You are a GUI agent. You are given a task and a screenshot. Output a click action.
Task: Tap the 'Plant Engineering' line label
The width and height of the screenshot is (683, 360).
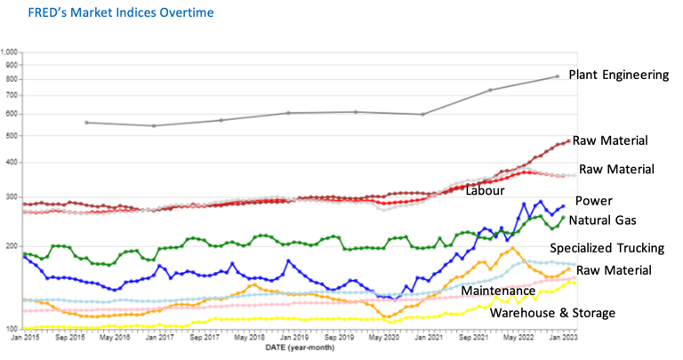[618, 76]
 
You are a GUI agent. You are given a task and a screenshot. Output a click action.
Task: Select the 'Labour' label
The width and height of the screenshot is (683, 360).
[485, 190]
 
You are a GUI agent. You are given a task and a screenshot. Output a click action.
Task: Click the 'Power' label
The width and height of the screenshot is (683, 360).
[593, 201]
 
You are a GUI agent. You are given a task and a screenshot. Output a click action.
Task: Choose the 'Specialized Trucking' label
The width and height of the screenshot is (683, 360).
[609, 249]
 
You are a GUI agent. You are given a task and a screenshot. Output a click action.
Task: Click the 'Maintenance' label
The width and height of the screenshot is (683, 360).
[497, 291]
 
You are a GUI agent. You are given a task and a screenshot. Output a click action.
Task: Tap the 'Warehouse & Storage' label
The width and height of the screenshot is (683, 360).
[552, 313]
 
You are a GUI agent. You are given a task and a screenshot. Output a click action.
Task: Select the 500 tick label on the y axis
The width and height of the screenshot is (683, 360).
[11, 136]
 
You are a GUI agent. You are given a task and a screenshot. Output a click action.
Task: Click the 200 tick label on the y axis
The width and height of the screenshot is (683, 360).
[11, 247]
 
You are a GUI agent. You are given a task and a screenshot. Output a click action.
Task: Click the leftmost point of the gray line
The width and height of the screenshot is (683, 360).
[86, 123]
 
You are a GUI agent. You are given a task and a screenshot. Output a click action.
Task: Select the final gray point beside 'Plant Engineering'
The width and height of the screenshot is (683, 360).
[558, 76]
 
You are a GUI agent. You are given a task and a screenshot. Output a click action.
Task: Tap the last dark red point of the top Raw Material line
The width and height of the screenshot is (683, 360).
[568, 140]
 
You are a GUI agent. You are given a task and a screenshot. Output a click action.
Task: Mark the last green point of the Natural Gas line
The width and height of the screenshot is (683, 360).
[562, 217]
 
